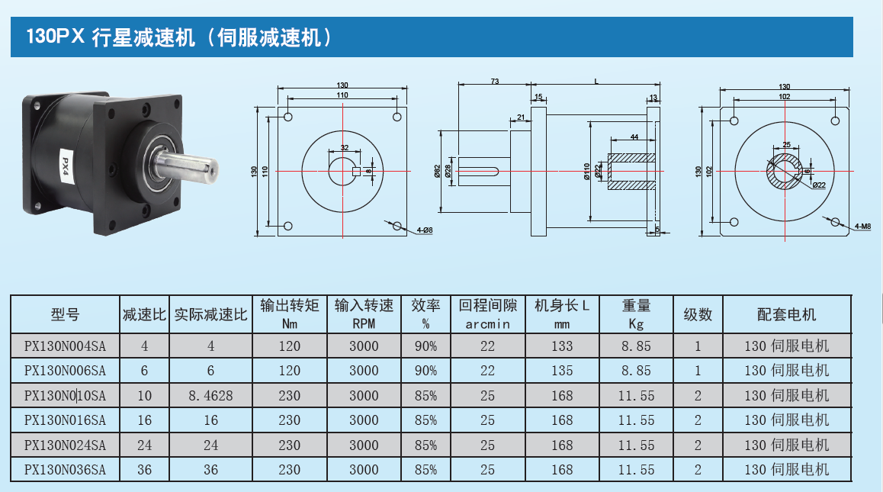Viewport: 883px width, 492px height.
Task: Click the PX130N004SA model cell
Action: click(x=65, y=346)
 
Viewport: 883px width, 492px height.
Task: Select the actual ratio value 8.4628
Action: click(x=210, y=395)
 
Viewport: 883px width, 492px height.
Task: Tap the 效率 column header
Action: click(x=425, y=314)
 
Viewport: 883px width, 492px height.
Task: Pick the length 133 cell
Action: click(x=562, y=346)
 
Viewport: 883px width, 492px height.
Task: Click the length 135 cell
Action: click(x=562, y=371)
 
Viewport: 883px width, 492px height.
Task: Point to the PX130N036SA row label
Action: click(x=65, y=470)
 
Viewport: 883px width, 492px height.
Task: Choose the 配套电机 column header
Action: click(x=786, y=314)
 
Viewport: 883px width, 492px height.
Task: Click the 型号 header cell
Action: click(x=65, y=314)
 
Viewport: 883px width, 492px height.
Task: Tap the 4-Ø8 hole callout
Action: click(x=425, y=230)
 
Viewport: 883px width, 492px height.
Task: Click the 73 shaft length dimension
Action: click(x=494, y=80)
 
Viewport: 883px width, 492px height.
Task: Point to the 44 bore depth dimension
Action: click(x=634, y=137)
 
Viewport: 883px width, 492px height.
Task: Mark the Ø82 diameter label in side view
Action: click(x=438, y=171)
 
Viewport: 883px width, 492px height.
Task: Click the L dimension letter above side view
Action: click(x=596, y=80)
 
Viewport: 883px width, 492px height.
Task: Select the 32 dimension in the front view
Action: click(x=345, y=147)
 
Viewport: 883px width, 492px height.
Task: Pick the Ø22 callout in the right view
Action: click(x=819, y=185)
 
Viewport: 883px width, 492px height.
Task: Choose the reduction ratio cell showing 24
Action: click(x=144, y=445)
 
